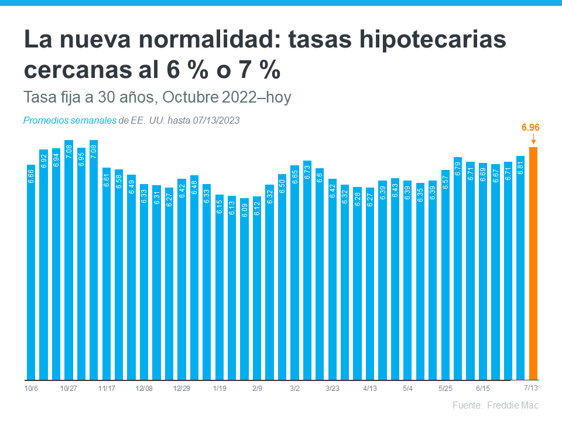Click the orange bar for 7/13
[x=533, y=264]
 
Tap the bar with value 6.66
[x=31, y=273]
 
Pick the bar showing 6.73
[x=307, y=270]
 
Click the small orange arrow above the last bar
[x=533, y=140]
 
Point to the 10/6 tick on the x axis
[x=31, y=389]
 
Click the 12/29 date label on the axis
[x=182, y=389]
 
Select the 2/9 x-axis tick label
[x=257, y=389]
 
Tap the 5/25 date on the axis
[x=446, y=389]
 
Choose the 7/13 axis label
[x=531, y=388]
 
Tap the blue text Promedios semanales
[x=70, y=121]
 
